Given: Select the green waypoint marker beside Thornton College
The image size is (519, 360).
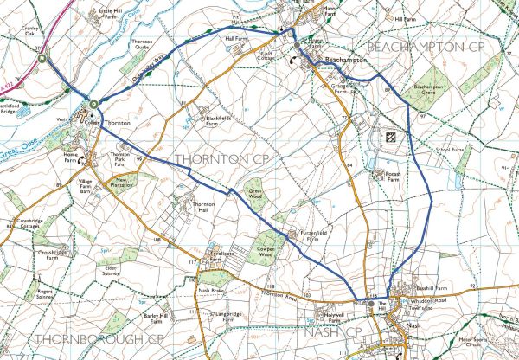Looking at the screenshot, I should pos(93,106).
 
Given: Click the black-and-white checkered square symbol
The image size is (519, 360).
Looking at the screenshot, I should pos(390,136).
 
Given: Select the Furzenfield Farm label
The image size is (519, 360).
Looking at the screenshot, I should pos(316,238).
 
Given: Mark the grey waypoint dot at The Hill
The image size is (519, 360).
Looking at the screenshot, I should pos(371,304).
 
